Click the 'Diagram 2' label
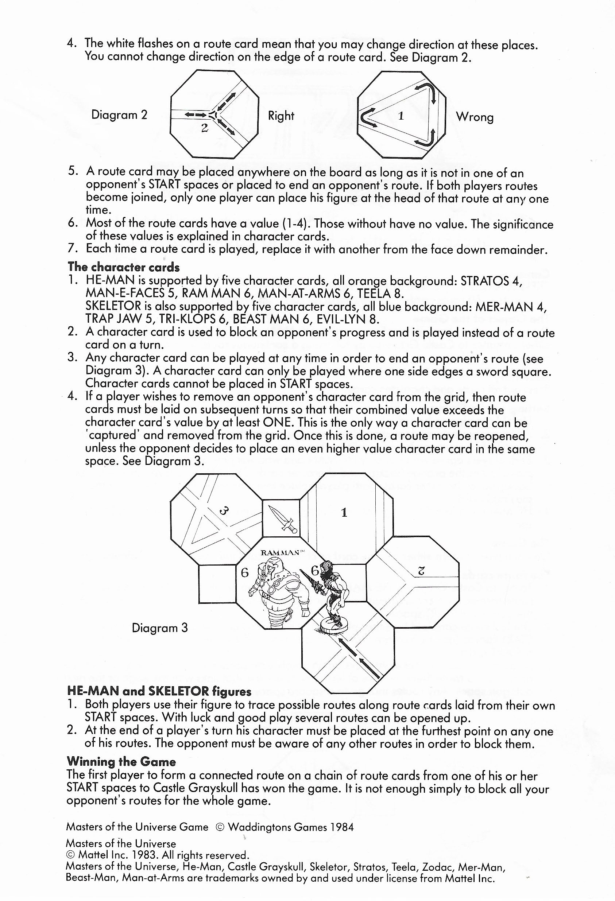119,115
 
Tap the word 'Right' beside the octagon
281,116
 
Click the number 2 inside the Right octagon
205,128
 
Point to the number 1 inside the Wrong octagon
401,116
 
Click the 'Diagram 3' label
159,628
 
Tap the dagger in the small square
286,519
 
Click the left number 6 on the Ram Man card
245,572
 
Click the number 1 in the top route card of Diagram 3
344,513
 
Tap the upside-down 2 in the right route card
422,570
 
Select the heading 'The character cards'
123,267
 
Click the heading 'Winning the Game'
121,762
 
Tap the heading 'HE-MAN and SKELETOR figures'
159,691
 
